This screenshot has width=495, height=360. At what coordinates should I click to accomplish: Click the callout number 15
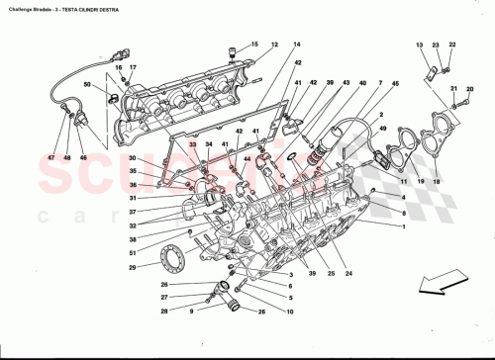click(x=253, y=45)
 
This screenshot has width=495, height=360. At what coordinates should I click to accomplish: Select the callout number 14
click(x=296, y=45)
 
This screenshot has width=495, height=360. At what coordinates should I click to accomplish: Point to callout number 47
click(x=47, y=157)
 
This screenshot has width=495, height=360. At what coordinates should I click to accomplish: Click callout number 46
click(x=83, y=157)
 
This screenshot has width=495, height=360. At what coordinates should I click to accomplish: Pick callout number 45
click(x=395, y=84)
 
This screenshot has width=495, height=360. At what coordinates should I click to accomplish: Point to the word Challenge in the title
click(x=19, y=8)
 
